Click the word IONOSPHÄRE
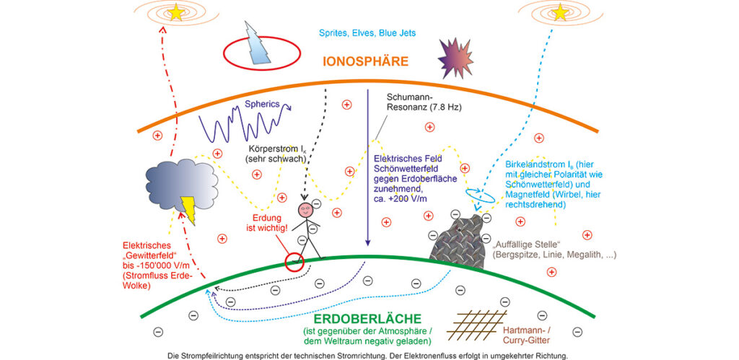click(x=365, y=61)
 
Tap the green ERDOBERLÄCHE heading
click(x=367, y=319)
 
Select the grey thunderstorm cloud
click(x=181, y=185)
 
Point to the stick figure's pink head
click(x=305, y=210)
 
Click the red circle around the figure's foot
click(x=294, y=261)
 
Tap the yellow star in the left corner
click(x=176, y=13)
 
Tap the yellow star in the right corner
click(x=560, y=12)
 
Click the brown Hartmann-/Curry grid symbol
click(x=477, y=325)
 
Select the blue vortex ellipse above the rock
click(x=480, y=195)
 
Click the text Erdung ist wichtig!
click(x=267, y=224)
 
